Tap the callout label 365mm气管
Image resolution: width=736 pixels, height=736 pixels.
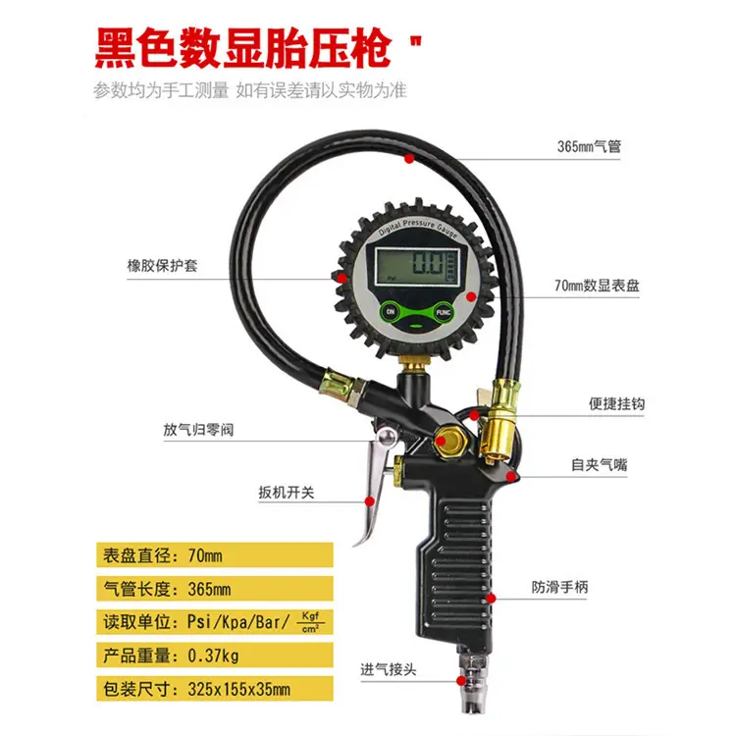pos(589,147)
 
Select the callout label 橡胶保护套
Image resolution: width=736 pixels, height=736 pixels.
pos(162,265)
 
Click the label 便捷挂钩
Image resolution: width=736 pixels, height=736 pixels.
pos(616,404)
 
